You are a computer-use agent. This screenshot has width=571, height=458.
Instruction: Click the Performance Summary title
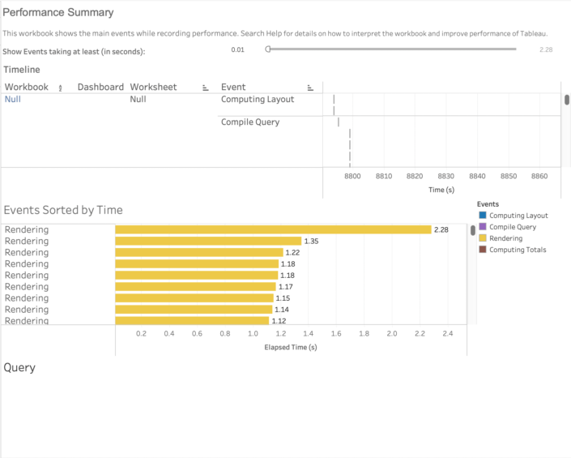pyautogui.click(x=58, y=13)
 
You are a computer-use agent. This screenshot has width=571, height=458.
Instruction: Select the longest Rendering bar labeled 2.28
pyautogui.click(x=273, y=229)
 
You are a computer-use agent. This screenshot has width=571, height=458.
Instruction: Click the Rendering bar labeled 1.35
pyautogui.click(x=208, y=241)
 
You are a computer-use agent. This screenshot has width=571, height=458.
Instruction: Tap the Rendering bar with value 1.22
pyautogui.click(x=199, y=252)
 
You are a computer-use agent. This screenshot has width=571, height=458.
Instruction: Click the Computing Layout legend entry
pyautogui.click(x=518, y=216)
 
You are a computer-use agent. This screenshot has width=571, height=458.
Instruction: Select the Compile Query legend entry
pyautogui.click(x=513, y=227)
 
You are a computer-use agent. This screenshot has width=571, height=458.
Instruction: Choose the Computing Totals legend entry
pyautogui.click(x=518, y=250)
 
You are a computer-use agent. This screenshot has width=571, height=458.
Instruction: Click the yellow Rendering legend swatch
pyautogui.click(x=483, y=238)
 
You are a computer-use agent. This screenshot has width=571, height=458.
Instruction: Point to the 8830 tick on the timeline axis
pyautogui.click(x=445, y=176)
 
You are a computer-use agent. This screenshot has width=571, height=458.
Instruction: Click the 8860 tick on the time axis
pyautogui.click(x=539, y=176)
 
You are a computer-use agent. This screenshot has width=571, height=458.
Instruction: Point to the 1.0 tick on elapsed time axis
pyautogui.click(x=253, y=333)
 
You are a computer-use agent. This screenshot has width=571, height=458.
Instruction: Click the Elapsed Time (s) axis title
pyautogui.click(x=291, y=347)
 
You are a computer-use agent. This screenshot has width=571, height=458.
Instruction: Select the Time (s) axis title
pyautogui.click(x=441, y=190)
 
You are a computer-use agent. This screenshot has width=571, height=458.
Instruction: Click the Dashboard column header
pyautogui.click(x=100, y=87)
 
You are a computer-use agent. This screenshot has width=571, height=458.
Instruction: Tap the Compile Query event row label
pyautogui.click(x=250, y=122)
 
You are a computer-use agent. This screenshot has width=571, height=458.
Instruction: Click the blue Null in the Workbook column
pyautogui.click(x=13, y=99)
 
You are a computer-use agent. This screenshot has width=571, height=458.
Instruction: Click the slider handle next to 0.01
pyautogui.click(x=268, y=49)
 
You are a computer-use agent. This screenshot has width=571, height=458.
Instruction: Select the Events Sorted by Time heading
pyautogui.click(x=63, y=210)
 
